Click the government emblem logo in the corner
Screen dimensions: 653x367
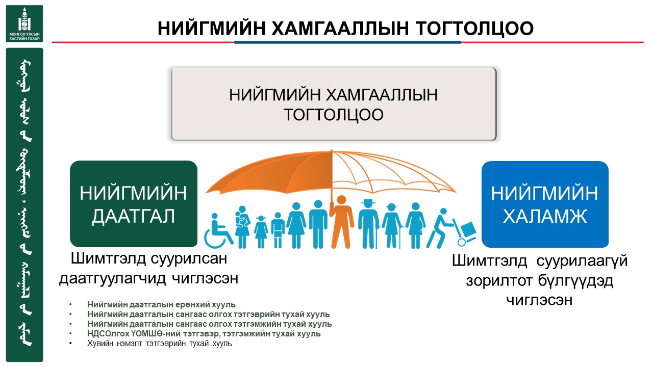(x=24, y=23)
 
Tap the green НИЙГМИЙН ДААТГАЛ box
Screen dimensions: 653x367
(x=134, y=204)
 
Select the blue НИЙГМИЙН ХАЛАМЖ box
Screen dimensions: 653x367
(x=545, y=204)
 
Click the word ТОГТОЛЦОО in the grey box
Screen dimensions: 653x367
(x=334, y=115)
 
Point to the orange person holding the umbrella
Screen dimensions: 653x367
(x=341, y=222)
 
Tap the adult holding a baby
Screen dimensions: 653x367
(x=242, y=227)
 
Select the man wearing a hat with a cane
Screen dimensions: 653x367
(x=369, y=224)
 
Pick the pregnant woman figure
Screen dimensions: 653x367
(x=415, y=225)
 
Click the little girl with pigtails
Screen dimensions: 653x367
(x=261, y=232)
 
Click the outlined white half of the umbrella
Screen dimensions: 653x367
(x=393, y=172)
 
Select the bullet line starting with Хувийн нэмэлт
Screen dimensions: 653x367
(x=160, y=344)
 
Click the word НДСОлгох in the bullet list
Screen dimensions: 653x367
(x=108, y=334)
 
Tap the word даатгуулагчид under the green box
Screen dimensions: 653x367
(x=113, y=279)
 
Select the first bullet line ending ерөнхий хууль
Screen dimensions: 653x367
(x=161, y=305)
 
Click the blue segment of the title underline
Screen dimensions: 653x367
(x=347, y=42)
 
